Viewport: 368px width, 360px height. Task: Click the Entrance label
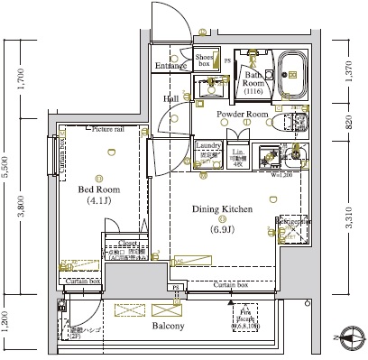tap(170, 66)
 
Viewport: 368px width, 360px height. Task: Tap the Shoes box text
tap(204, 60)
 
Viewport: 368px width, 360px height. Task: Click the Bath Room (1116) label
tap(253, 83)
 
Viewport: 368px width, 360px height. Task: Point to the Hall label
tap(170, 98)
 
